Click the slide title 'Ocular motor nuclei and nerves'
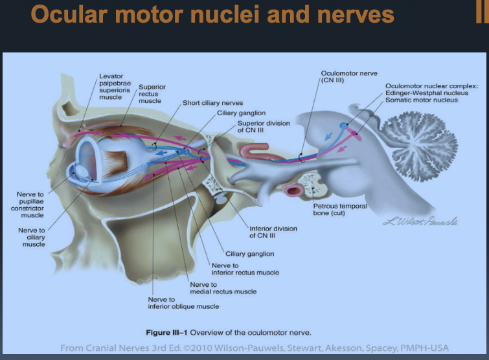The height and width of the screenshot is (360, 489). (212, 14)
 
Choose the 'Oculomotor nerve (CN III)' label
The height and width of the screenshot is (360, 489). (349, 77)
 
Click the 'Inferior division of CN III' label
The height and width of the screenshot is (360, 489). (273, 231)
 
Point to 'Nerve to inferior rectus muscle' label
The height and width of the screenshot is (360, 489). (245, 269)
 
